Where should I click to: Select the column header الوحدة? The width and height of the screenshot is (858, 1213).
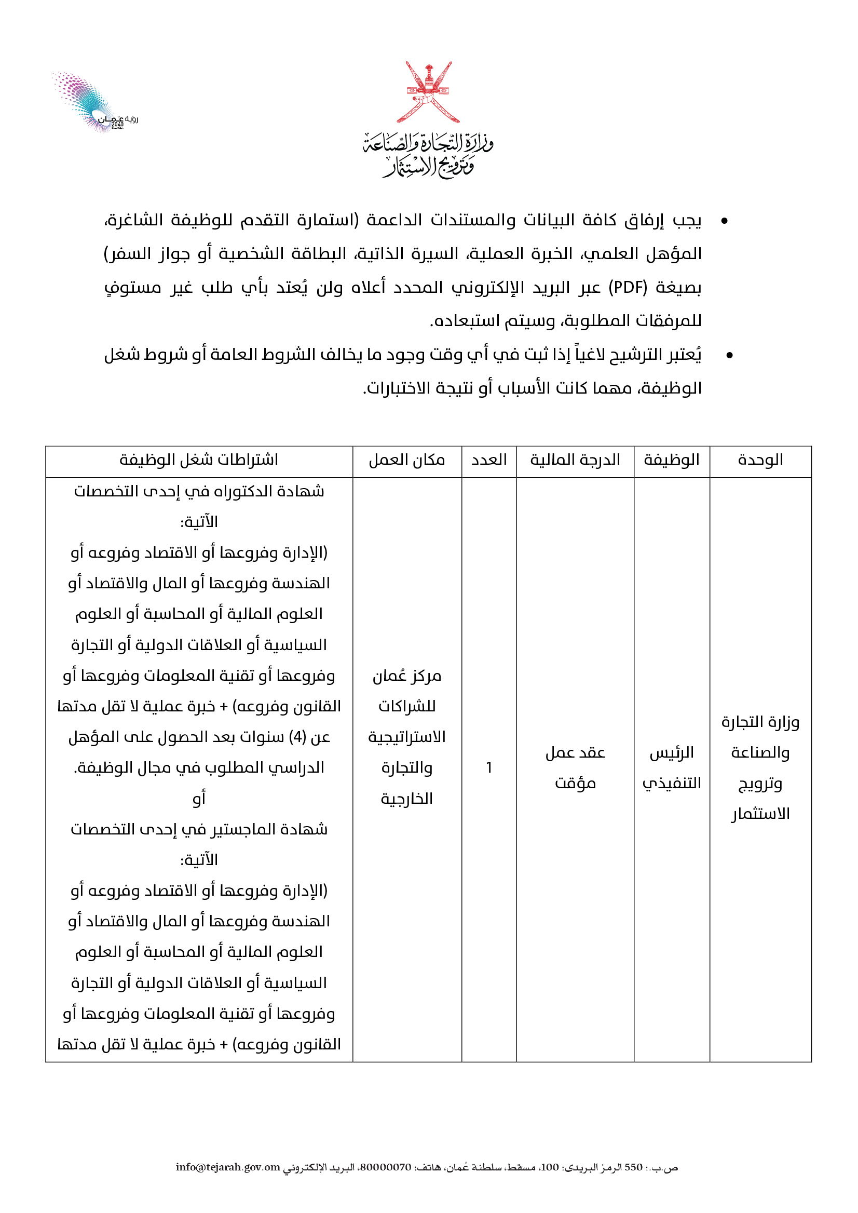[x=760, y=461]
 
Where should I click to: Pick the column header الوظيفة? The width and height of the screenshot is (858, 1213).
[x=671, y=461]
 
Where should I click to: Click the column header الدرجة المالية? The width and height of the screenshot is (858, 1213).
[x=575, y=461]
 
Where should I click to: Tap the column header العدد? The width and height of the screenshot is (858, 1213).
[x=489, y=461]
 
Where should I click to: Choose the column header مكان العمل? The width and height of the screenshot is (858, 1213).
[x=407, y=461]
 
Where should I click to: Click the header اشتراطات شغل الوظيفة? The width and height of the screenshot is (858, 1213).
[x=199, y=461]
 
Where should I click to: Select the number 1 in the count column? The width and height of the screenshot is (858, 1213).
[x=489, y=767]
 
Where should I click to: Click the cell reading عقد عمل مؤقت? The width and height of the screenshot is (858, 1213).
[x=575, y=767]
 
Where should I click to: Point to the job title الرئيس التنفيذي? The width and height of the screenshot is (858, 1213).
[x=671, y=767]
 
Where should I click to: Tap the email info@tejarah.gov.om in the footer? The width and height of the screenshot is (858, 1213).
[x=228, y=1167]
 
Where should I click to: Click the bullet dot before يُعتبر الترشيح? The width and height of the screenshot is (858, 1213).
[x=730, y=355]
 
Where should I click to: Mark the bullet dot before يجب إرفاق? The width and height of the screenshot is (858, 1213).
[x=724, y=221]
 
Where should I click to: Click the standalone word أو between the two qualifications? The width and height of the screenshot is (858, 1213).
[x=199, y=798]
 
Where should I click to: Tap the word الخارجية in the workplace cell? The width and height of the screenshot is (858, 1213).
[x=407, y=799]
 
